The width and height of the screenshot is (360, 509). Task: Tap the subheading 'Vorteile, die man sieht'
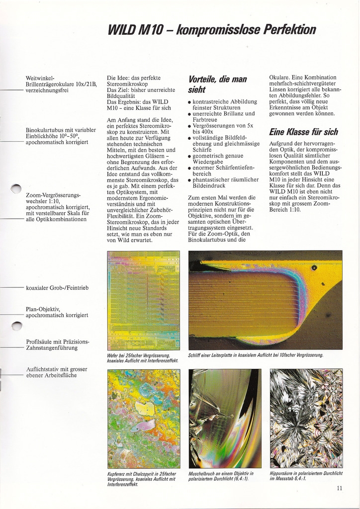pyautogui.click(x=217, y=85)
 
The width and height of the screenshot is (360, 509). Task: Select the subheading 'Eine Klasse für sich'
pyautogui.click(x=303, y=132)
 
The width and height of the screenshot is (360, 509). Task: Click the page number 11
pyautogui.click(x=339, y=488)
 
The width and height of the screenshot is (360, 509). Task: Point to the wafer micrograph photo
pyautogui.click(x=144, y=300)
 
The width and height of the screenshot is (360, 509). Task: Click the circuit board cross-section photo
pyautogui.click(x=265, y=300)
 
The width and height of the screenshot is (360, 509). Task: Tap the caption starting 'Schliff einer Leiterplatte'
pyautogui.click(x=256, y=355)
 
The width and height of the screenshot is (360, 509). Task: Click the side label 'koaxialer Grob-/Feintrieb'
pyautogui.click(x=57, y=288)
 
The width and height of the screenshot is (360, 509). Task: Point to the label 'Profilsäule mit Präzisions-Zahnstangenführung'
pyautogui.click(x=58, y=344)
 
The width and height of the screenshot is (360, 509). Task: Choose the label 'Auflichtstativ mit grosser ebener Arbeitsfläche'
pyautogui.click(x=58, y=372)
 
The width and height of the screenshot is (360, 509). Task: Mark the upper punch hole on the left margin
pyautogui.click(x=16, y=189)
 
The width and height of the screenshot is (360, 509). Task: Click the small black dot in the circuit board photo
pyautogui.click(x=314, y=267)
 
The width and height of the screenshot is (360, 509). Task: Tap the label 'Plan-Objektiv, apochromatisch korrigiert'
pyautogui.click(x=57, y=312)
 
